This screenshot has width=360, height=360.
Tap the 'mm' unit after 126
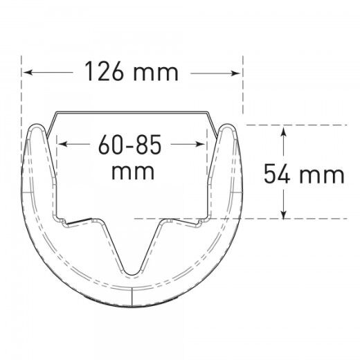[x=154, y=72]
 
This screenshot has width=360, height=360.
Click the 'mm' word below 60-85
[x=133, y=170]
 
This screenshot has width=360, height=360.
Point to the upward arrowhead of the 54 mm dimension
[x=283, y=129]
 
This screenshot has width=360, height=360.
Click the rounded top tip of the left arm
[x=36, y=129]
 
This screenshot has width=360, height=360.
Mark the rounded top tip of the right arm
[x=227, y=129]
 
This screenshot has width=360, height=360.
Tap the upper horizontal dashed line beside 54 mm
[x=305, y=125]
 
